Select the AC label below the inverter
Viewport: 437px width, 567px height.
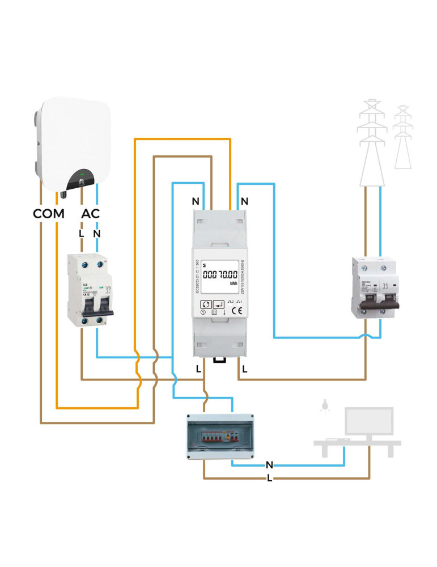pyautogui.click(x=91, y=215)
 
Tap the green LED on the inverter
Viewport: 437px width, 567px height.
pyautogui.click(x=83, y=174)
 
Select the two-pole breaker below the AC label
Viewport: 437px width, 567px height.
pyautogui.click(x=90, y=291)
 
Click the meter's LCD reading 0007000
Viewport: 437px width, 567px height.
pyautogui.click(x=220, y=275)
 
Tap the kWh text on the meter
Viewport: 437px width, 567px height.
pyautogui.click(x=233, y=284)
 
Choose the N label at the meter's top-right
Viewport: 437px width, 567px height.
pyautogui.click(x=244, y=201)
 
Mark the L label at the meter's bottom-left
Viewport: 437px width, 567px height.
pyautogui.click(x=198, y=369)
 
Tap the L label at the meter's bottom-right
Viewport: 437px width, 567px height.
pyautogui.click(x=244, y=369)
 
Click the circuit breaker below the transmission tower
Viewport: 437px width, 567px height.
pyautogui.click(x=372, y=287)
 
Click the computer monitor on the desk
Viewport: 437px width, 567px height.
pyautogui.click(x=369, y=422)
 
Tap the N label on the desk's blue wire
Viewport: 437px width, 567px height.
pyautogui.click(x=269, y=465)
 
